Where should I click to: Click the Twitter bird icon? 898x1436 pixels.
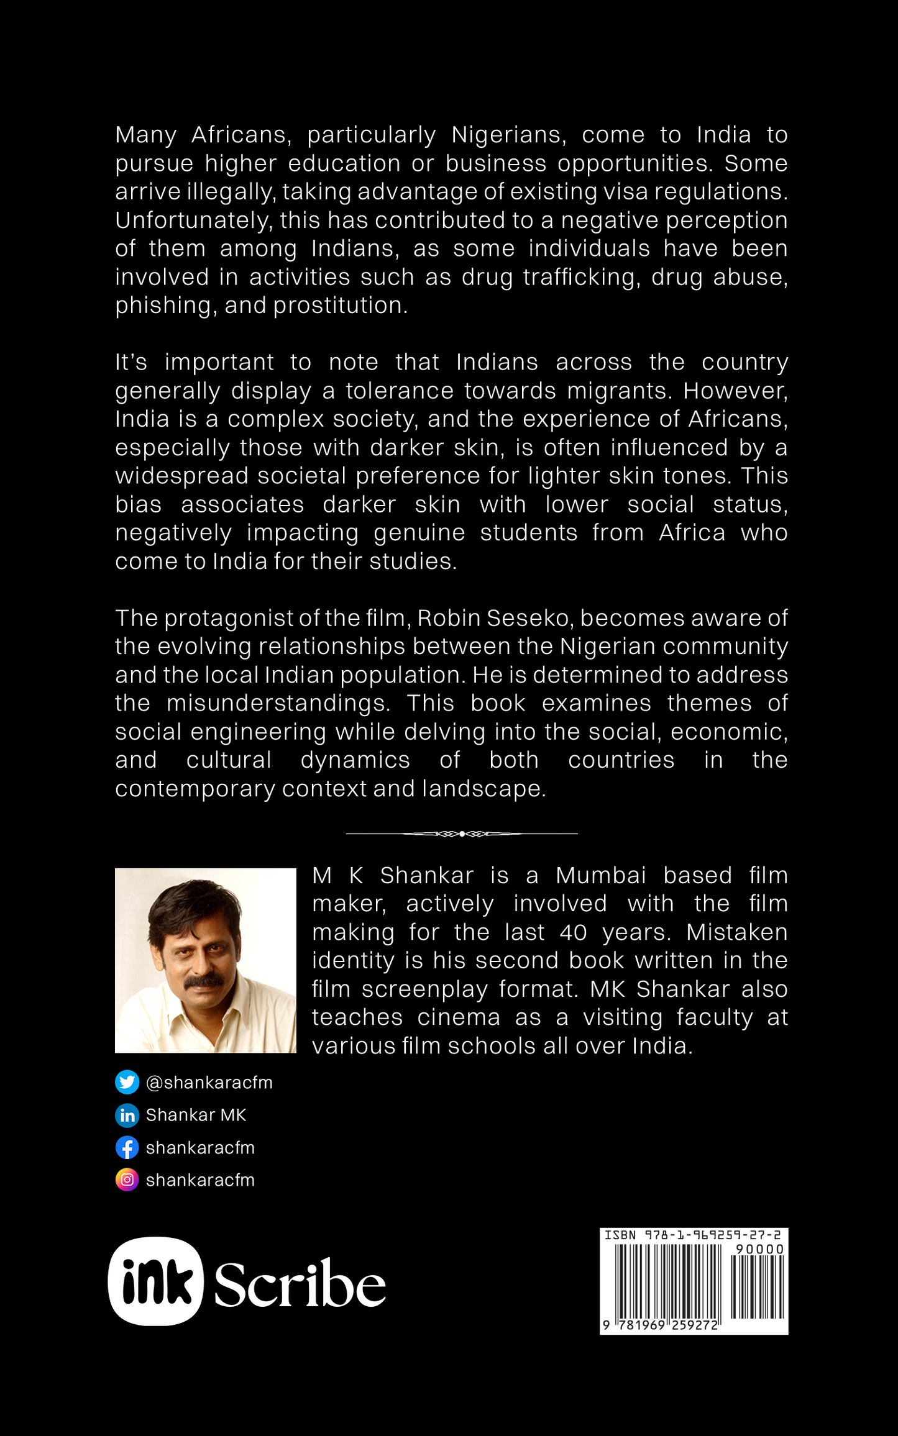127,1083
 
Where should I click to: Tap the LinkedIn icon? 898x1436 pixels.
127,1116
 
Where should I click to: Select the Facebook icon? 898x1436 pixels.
127,1148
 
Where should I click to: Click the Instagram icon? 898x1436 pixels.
127,1180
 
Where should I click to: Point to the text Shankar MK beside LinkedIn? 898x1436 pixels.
196,1116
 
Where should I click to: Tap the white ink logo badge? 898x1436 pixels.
156,1281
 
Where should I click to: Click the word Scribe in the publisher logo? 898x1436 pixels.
300,1284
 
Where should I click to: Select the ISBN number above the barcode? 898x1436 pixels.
693,1235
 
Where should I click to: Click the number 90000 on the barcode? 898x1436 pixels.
759,1249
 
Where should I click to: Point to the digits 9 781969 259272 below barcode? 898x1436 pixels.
661,1325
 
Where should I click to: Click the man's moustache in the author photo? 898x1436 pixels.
206,981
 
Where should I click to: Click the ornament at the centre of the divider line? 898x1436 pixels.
462,834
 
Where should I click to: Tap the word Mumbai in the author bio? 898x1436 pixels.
601,875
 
